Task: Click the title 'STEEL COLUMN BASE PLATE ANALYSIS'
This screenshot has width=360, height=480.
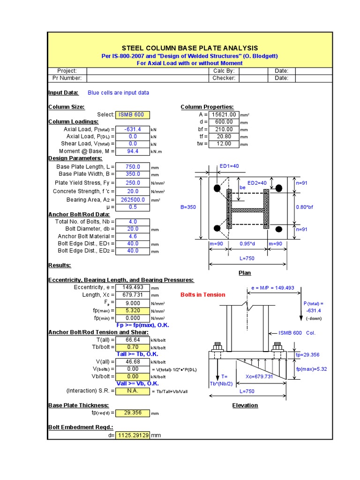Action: pyautogui.click(x=190, y=48)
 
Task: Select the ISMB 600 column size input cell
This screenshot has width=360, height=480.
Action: pyautogui.click(x=133, y=115)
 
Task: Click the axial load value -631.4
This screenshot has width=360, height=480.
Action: pyautogui.click(x=133, y=129)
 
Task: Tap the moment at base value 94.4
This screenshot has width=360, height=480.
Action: pyautogui.click(x=133, y=151)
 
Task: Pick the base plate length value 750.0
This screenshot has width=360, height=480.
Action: pyautogui.click(x=133, y=167)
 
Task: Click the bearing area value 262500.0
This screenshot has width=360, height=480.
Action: pyautogui.click(x=133, y=200)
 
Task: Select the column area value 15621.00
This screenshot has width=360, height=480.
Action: pyautogui.click(x=224, y=115)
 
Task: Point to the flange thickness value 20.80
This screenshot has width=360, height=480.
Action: pyautogui.click(x=224, y=136)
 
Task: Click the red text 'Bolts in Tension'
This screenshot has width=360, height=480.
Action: pyautogui.click(x=203, y=295)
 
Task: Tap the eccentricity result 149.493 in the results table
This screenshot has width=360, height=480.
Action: pyautogui.click(x=133, y=287)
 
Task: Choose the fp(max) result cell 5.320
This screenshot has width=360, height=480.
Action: pyautogui.click(x=133, y=310)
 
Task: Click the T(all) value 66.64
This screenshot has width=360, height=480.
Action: pyautogui.click(x=133, y=340)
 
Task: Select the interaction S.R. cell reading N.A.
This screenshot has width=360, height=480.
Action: pyautogui.click(x=133, y=391)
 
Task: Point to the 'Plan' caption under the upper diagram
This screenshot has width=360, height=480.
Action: pyautogui.click(x=245, y=273)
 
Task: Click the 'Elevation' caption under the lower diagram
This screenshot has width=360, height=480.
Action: pyautogui.click(x=245, y=405)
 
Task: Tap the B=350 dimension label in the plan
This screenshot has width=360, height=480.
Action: pyautogui.click(x=188, y=207)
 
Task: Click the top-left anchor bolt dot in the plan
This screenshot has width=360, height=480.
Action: pyautogui.click(x=217, y=188)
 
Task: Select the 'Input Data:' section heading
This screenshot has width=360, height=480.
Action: pyautogui.click(x=64, y=93)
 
